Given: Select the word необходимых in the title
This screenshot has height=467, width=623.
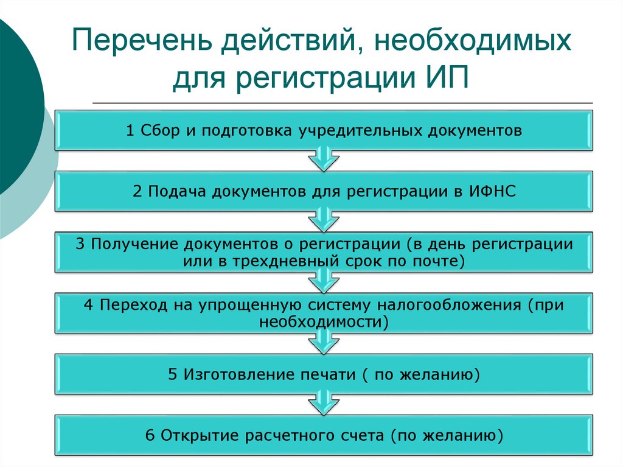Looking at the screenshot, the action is (x=472, y=40).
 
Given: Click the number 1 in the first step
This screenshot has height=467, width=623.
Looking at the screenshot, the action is (x=130, y=130).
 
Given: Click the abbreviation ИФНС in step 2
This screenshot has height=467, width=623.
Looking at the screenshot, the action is (x=492, y=191).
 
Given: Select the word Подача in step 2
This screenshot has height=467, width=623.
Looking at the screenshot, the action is (x=177, y=192).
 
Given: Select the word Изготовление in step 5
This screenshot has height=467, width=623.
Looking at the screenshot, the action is (x=238, y=374).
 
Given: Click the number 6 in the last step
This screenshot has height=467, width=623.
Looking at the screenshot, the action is (x=150, y=435).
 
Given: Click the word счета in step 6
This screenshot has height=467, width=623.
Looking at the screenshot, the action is (x=364, y=435).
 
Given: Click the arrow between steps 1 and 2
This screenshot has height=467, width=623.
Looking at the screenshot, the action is (x=324, y=159).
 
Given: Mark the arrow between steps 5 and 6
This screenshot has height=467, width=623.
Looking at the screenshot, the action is (x=324, y=402).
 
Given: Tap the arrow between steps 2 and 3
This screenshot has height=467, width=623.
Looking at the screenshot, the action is (x=324, y=220).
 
